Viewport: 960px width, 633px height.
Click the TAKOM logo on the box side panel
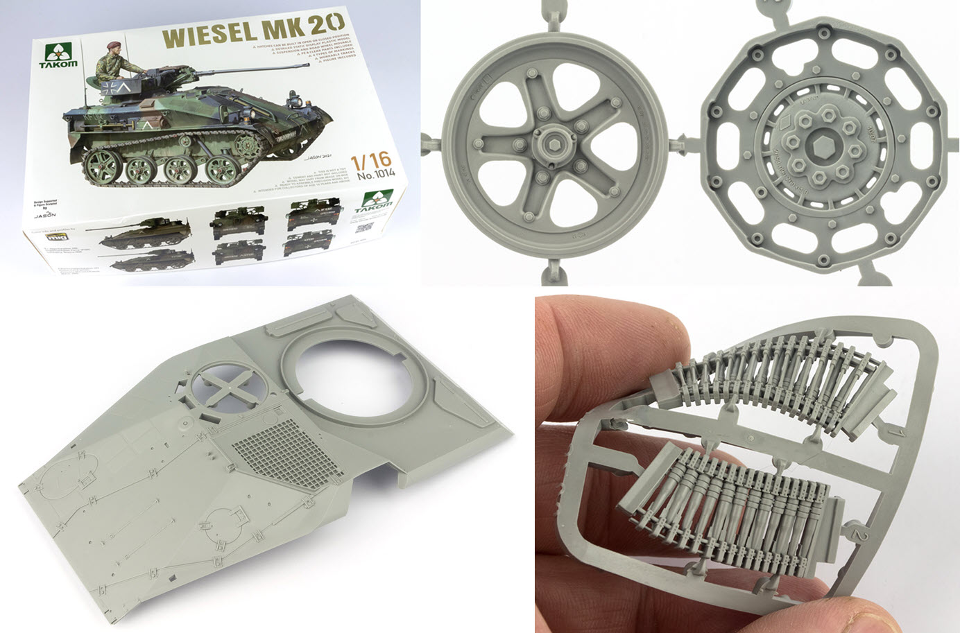pyautogui.click(x=375, y=203)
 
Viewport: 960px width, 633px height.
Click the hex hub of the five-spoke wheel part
pyautogui.click(x=547, y=142)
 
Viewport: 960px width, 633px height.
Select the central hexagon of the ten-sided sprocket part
pyautogui.click(x=813, y=143)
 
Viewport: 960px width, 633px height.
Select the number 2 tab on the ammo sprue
pyautogui.click(x=859, y=536)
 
